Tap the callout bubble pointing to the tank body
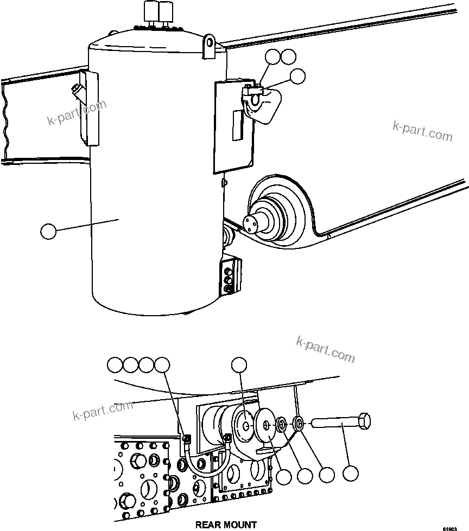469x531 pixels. click(x=49, y=232)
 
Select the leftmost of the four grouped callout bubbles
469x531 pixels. click(x=115, y=365)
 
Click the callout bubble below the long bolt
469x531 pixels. click(x=351, y=474)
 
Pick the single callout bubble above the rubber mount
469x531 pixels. click(x=240, y=365)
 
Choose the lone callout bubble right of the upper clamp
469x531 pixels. click(x=297, y=77)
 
